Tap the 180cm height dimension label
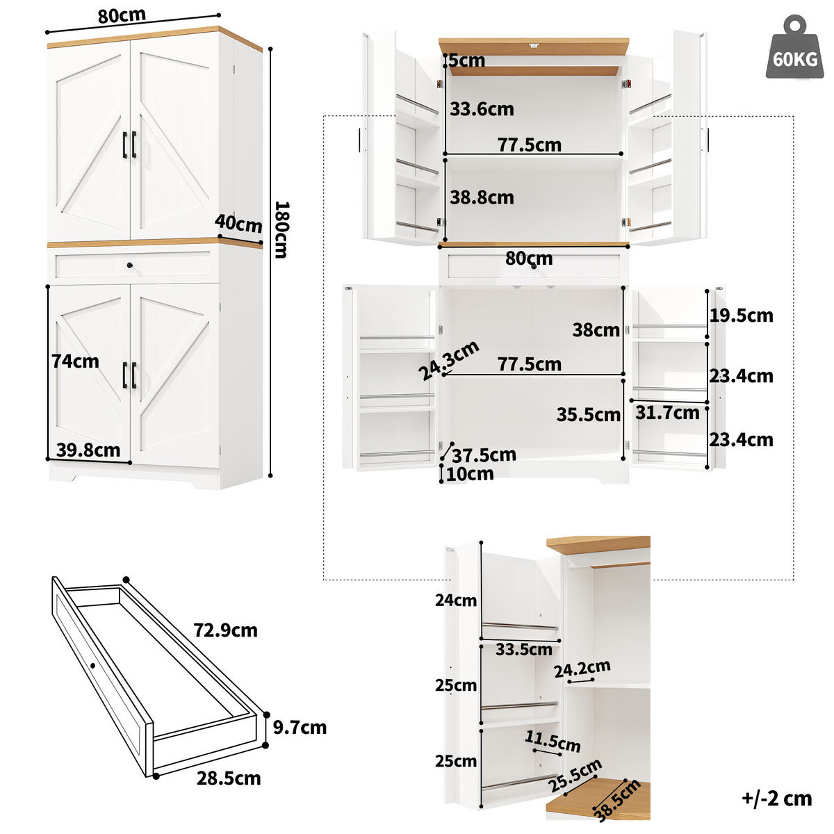click(x=280, y=229)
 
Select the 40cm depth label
click(x=238, y=223)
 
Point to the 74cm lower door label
click(x=75, y=361)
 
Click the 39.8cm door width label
click(x=88, y=450)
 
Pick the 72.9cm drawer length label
click(x=225, y=630)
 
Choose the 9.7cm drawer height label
click(x=300, y=728)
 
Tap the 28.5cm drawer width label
click(x=229, y=778)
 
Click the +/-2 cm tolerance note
click(x=776, y=799)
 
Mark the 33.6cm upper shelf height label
click(x=482, y=109)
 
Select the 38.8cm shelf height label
click(x=482, y=197)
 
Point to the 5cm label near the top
click(x=467, y=60)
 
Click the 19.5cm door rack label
click(x=741, y=316)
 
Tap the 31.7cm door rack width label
click(x=667, y=413)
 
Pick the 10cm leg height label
click(x=470, y=474)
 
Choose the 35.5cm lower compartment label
click(x=588, y=415)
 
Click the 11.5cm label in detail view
click(x=553, y=741)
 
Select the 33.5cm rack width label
click(x=523, y=650)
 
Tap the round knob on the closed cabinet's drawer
click(x=129, y=264)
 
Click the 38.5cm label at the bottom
click(x=617, y=800)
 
